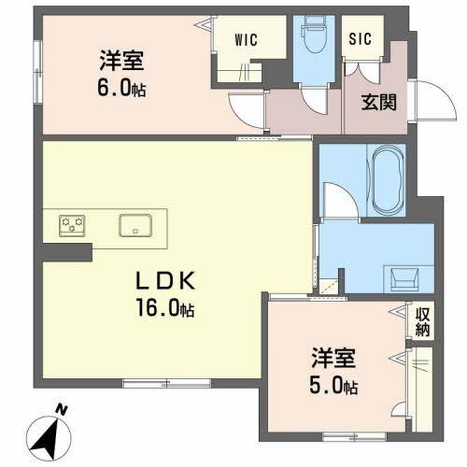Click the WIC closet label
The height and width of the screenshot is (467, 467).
[247, 40]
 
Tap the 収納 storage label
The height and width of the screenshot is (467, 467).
[422, 322]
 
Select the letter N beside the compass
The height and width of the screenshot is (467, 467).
[61, 409]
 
